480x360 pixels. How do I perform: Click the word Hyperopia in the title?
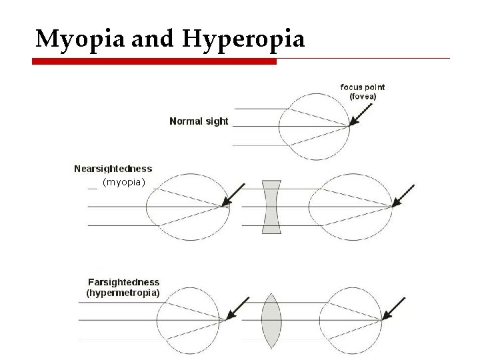244,40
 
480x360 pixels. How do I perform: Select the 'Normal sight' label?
199,121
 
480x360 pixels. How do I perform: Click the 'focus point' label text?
363,87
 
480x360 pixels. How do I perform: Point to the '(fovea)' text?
363,97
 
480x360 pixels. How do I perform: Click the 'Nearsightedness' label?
113,169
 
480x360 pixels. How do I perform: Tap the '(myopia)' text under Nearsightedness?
123,182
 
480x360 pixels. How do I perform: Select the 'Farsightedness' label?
124,282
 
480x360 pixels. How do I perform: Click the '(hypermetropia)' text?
123,292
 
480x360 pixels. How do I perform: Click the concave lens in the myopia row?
271,206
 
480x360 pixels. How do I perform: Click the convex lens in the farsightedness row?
271,321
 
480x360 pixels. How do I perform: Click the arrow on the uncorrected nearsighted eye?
233,195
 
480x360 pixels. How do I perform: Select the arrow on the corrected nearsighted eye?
403,195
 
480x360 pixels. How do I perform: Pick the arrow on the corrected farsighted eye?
394,309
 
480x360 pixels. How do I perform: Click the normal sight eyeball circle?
314,126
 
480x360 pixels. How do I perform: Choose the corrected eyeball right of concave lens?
357,206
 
